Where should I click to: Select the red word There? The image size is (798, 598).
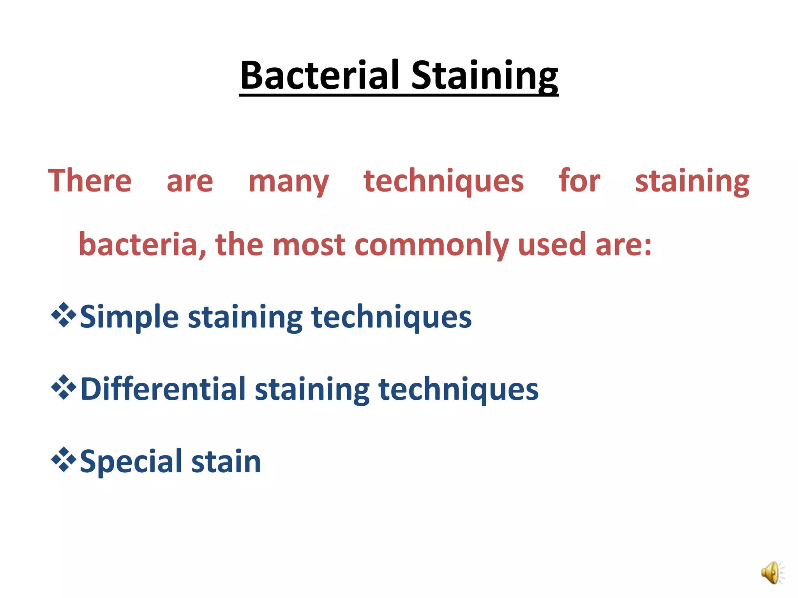tap(90, 181)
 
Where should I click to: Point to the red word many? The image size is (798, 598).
tap(288, 182)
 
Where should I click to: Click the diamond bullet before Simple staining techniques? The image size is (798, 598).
tap(64, 315)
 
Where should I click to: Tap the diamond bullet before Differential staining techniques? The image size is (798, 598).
tap(64, 387)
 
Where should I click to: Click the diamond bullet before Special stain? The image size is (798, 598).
tap(64, 460)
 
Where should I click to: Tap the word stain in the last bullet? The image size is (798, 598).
tap(226, 462)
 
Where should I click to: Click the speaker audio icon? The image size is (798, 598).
tap(772, 573)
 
